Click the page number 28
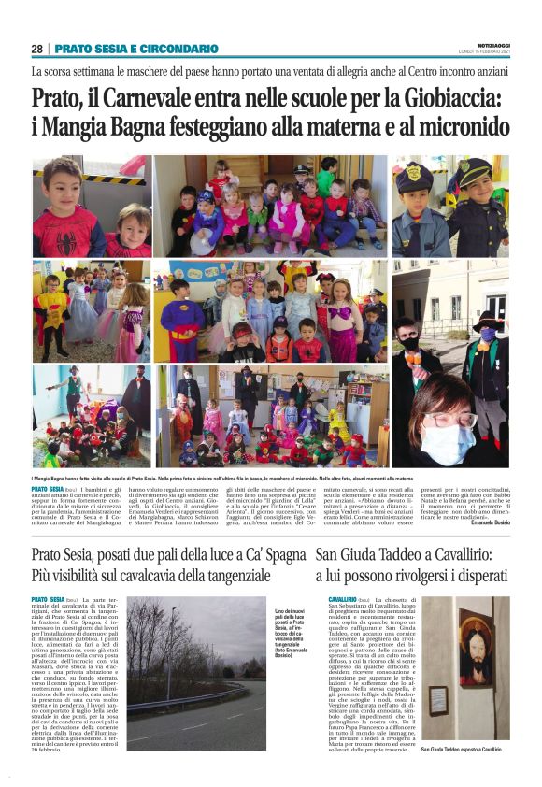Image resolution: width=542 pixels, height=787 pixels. (36, 49)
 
